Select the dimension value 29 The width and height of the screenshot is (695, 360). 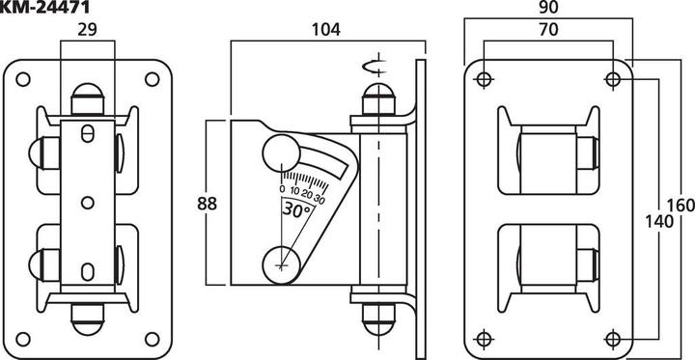pyautogui.click(x=88, y=30)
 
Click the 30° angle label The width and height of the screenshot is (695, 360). pyautogui.click(x=296, y=207)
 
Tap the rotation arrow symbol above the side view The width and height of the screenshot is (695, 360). pyautogui.click(x=371, y=67)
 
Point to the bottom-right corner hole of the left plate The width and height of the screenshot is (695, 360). pyautogui.click(x=151, y=336)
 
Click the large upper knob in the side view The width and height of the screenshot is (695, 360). pyautogui.click(x=280, y=152)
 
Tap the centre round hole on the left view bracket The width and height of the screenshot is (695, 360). pyautogui.click(x=87, y=202)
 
